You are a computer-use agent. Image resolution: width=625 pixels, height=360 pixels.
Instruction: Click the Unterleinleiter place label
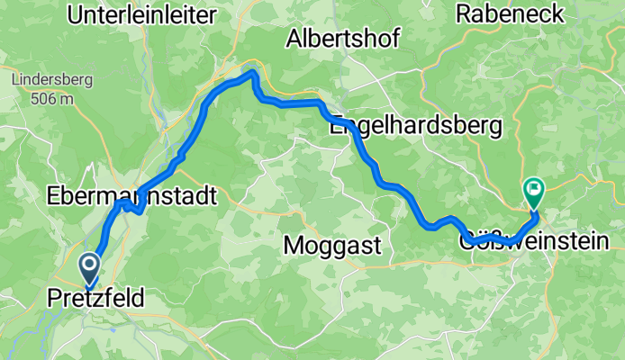(142, 14)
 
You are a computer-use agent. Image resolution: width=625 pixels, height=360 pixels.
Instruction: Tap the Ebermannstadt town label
(131, 194)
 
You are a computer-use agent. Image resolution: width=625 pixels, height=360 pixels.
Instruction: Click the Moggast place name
(332, 244)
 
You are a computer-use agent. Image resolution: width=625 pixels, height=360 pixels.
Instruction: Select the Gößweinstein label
(533, 241)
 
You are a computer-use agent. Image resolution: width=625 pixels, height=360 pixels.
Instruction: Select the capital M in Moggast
(293, 244)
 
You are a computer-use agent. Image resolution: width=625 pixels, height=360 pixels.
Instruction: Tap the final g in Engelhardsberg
(494, 130)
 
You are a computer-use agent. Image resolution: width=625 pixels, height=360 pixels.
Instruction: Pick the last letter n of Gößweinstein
(601, 241)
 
